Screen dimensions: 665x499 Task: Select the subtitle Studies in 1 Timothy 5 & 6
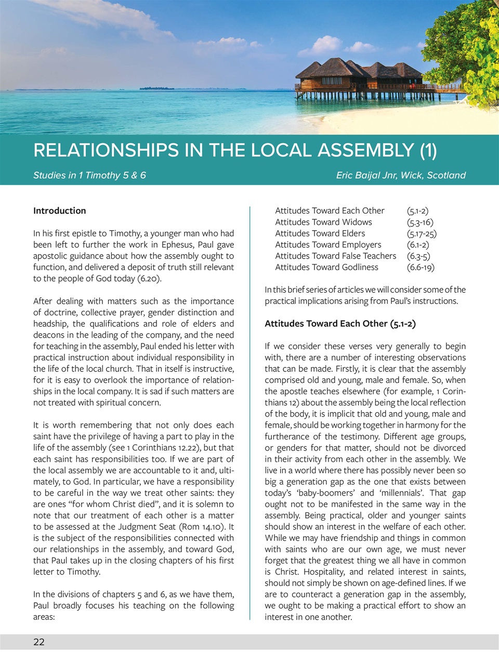coord(89,175)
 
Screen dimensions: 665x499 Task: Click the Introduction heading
coord(60,210)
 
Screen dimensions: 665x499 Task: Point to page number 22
coord(39,642)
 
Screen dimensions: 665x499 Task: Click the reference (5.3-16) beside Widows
coord(420,222)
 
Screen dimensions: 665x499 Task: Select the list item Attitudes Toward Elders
coord(320,233)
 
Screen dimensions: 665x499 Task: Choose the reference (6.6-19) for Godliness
coord(421,267)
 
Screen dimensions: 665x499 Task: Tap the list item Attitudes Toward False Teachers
coord(335,256)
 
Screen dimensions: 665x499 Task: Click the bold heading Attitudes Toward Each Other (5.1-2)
coord(340,323)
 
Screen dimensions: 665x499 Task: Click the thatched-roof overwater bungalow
coord(359,78)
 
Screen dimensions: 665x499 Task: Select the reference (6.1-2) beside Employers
coord(418,244)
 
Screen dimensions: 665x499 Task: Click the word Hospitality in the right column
coord(317,571)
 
